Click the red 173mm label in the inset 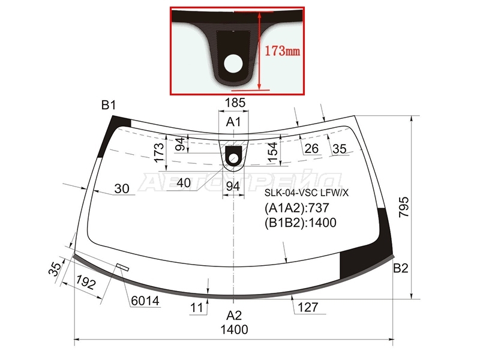(282, 50)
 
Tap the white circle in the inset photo (233, 64)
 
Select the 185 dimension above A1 (235, 103)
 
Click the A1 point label (233, 122)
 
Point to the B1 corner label (109, 106)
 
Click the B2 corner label (401, 268)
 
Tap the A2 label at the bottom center (234, 316)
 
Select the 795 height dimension (404, 207)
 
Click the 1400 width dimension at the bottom (235, 329)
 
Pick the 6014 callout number (145, 301)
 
